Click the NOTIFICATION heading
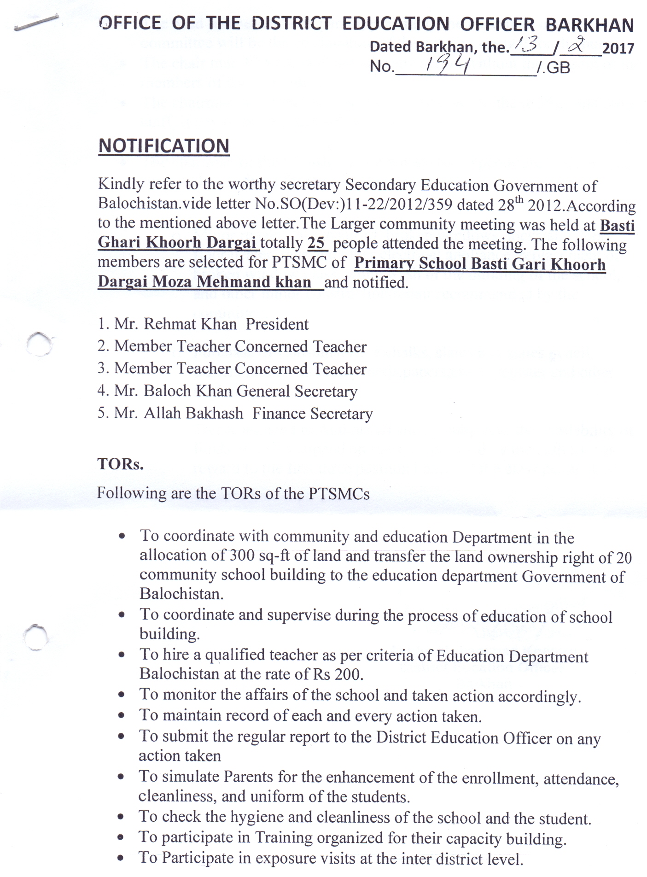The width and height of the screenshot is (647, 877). pos(163,146)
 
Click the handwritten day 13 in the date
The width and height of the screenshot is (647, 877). pos(526,46)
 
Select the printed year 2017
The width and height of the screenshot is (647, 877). pos(618,48)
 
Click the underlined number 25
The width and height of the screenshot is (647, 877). pos(317,243)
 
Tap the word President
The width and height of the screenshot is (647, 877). pos(277,324)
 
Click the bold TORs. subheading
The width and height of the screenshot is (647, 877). pos(120,463)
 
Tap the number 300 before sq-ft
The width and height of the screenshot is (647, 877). pos(242,555)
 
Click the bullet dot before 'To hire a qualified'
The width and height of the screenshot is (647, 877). pos(122,655)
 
